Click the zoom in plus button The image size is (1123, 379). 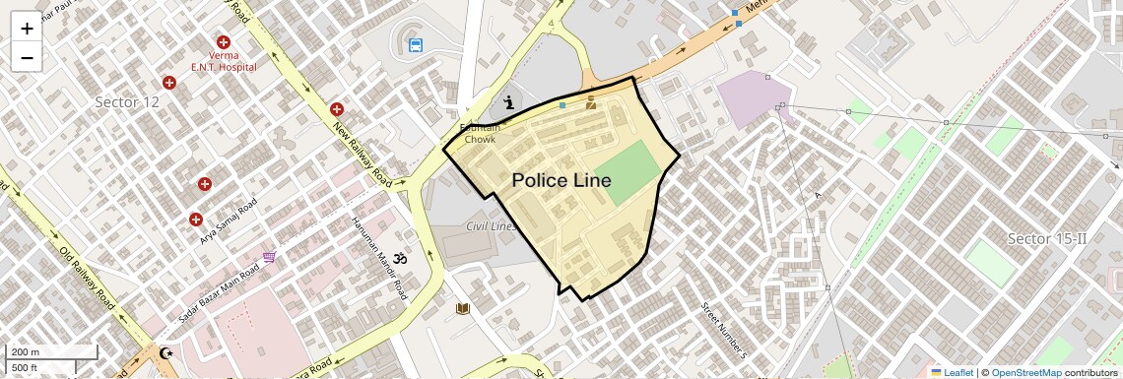point(27,28)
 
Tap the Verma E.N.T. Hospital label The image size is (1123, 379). point(224,61)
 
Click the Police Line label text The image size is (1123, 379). point(561,180)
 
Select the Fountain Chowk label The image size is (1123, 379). point(482,134)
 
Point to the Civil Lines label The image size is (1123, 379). point(491,226)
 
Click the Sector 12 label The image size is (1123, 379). point(127,102)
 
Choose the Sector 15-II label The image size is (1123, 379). point(1046,239)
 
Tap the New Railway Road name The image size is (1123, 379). point(368,155)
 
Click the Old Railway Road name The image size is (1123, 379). point(88,279)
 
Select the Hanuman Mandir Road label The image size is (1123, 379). point(379,259)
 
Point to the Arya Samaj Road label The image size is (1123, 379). point(228,221)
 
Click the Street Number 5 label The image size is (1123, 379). point(724,330)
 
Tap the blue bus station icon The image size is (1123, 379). point(416,44)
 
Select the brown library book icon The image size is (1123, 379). point(463,309)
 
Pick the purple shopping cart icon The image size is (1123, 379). point(269,257)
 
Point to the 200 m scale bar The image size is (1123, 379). point(51,351)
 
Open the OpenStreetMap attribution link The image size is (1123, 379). point(1026,372)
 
